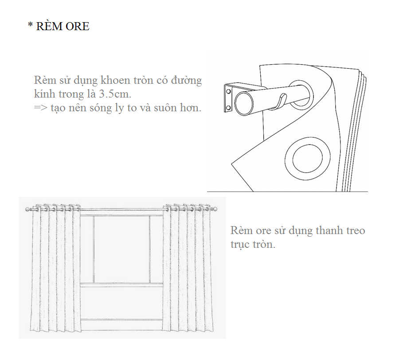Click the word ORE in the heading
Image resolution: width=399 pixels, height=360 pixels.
click(77, 26)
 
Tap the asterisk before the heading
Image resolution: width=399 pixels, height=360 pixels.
click(30, 25)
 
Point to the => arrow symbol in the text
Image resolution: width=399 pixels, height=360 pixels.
click(41, 108)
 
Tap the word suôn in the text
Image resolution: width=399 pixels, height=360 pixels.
click(166, 108)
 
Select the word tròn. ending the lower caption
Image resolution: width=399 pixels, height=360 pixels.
click(264, 244)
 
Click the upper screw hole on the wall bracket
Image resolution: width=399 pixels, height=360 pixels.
click(228, 91)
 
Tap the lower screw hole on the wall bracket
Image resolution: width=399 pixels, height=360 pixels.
click(228, 108)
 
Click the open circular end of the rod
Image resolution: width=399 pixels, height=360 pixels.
click(244, 103)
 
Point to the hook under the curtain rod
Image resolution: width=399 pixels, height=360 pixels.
click(279, 102)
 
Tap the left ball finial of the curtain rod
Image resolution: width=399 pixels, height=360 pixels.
click(28, 209)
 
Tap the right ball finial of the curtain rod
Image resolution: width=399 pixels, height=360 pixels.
click(215, 209)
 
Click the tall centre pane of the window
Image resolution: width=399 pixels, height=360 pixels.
click(121, 249)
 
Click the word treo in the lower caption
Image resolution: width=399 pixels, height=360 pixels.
click(355, 231)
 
